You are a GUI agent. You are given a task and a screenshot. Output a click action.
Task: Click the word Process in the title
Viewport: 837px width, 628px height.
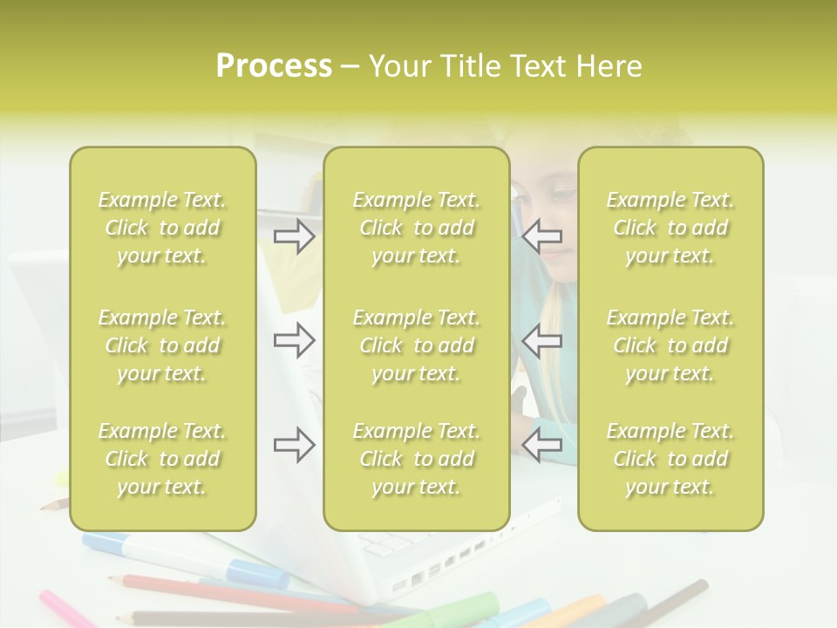click(x=274, y=66)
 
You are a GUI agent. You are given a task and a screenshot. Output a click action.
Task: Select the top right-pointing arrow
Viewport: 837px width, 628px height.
click(x=295, y=235)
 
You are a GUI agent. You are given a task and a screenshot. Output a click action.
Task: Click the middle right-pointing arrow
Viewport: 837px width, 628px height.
click(x=295, y=340)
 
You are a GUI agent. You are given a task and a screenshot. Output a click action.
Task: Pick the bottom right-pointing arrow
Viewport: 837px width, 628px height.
click(x=295, y=445)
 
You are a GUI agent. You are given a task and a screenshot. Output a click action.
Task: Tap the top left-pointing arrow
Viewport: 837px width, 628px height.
click(x=542, y=235)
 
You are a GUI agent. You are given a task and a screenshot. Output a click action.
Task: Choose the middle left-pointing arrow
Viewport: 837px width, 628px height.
click(x=542, y=340)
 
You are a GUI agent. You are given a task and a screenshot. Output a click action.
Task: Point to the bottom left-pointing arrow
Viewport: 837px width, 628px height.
click(x=542, y=445)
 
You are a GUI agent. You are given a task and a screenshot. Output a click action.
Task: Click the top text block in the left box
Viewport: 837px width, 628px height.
click(x=162, y=228)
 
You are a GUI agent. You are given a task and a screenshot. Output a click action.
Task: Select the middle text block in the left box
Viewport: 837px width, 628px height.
click(x=162, y=345)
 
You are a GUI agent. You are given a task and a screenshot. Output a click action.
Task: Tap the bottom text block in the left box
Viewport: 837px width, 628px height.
click(x=162, y=459)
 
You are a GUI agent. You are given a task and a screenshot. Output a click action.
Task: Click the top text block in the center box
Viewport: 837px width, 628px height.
click(x=417, y=228)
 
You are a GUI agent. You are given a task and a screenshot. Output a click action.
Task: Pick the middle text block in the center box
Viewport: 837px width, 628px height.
click(x=417, y=345)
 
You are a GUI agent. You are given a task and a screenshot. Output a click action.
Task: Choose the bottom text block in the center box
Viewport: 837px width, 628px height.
click(x=417, y=459)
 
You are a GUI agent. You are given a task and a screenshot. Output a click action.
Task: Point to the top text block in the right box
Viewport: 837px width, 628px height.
click(x=670, y=228)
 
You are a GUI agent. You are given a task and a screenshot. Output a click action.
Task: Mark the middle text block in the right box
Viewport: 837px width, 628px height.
click(x=670, y=345)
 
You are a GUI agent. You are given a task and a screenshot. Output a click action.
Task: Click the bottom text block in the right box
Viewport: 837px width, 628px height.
click(x=670, y=459)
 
